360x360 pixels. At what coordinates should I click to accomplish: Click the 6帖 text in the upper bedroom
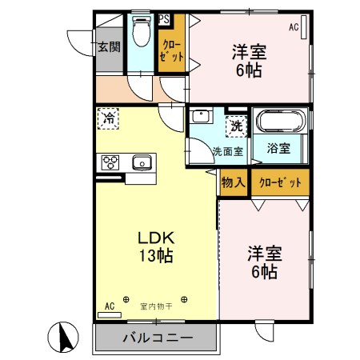(x=249, y=70)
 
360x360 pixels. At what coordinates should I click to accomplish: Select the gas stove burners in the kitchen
(x=110, y=162)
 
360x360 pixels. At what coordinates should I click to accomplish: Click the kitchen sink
(x=142, y=162)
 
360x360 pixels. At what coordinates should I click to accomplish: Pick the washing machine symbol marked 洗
(x=237, y=125)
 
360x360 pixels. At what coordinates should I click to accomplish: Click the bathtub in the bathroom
(x=280, y=122)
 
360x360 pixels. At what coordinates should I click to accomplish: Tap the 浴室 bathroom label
(x=278, y=148)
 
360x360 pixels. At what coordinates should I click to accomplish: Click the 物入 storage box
(x=233, y=182)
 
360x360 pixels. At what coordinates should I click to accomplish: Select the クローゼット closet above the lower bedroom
(x=280, y=182)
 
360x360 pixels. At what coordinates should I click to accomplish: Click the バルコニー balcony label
(x=158, y=338)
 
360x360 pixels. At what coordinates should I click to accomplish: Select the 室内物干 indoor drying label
(x=155, y=304)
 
